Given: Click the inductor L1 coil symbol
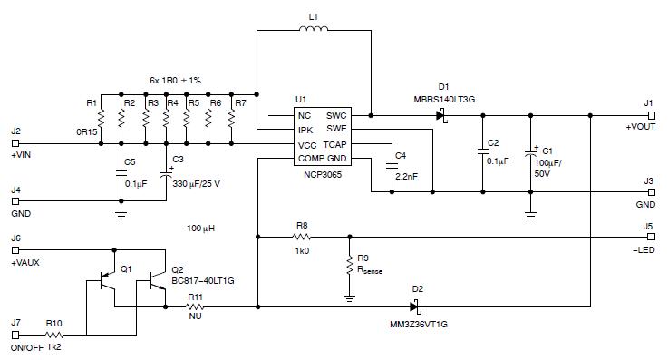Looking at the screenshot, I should point(314,33).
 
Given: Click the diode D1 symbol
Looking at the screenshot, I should point(441,115).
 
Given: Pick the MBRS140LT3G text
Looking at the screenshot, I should point(446,99).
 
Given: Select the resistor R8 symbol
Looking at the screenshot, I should point(302,238).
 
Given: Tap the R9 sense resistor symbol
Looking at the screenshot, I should point(349,264).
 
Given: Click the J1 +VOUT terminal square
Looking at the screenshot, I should point(650,115).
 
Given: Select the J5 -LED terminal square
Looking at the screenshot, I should point(650,238).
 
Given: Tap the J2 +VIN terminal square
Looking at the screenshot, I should point(15,144).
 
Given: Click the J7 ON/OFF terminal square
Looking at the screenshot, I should point(15,336).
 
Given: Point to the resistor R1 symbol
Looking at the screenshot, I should point(101,118).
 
